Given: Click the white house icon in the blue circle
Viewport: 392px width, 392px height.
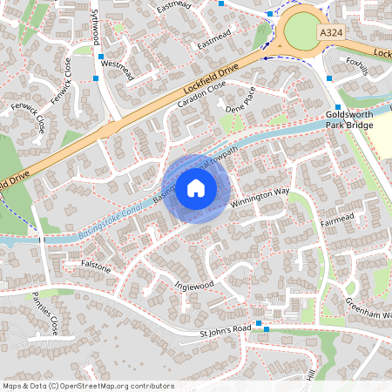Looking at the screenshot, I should pos(195,188).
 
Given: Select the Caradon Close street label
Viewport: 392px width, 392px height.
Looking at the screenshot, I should pos(201,94).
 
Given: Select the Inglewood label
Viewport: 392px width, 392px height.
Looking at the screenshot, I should pos(193,285).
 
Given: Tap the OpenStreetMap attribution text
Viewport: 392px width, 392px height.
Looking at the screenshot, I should pos(88,385).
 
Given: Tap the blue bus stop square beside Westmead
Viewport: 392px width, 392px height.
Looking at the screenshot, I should pos(101,55).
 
